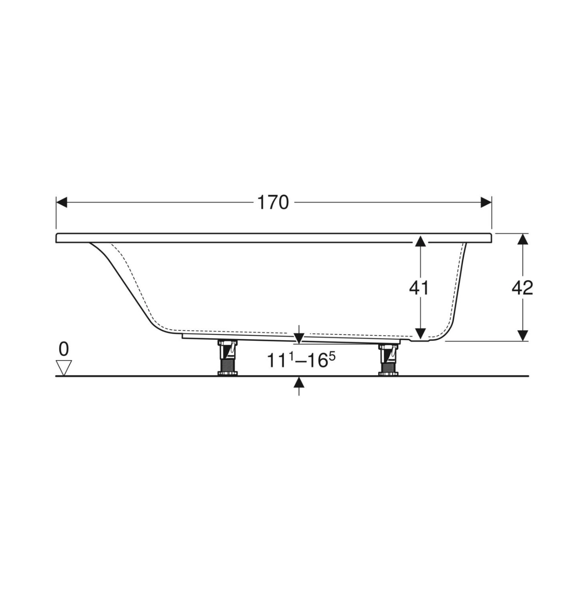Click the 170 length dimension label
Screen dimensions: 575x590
click(x=273, y=203)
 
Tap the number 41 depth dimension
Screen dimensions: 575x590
click(x=419, y=288)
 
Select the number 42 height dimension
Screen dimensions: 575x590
click(x=522, y=288)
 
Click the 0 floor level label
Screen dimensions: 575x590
click(x=64, y=349)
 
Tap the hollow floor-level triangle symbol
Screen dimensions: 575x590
click(x=64, y=368)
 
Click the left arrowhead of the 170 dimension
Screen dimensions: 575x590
click(x=62, y=202)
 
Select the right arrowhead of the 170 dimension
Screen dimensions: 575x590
click(x=486, y=202)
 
